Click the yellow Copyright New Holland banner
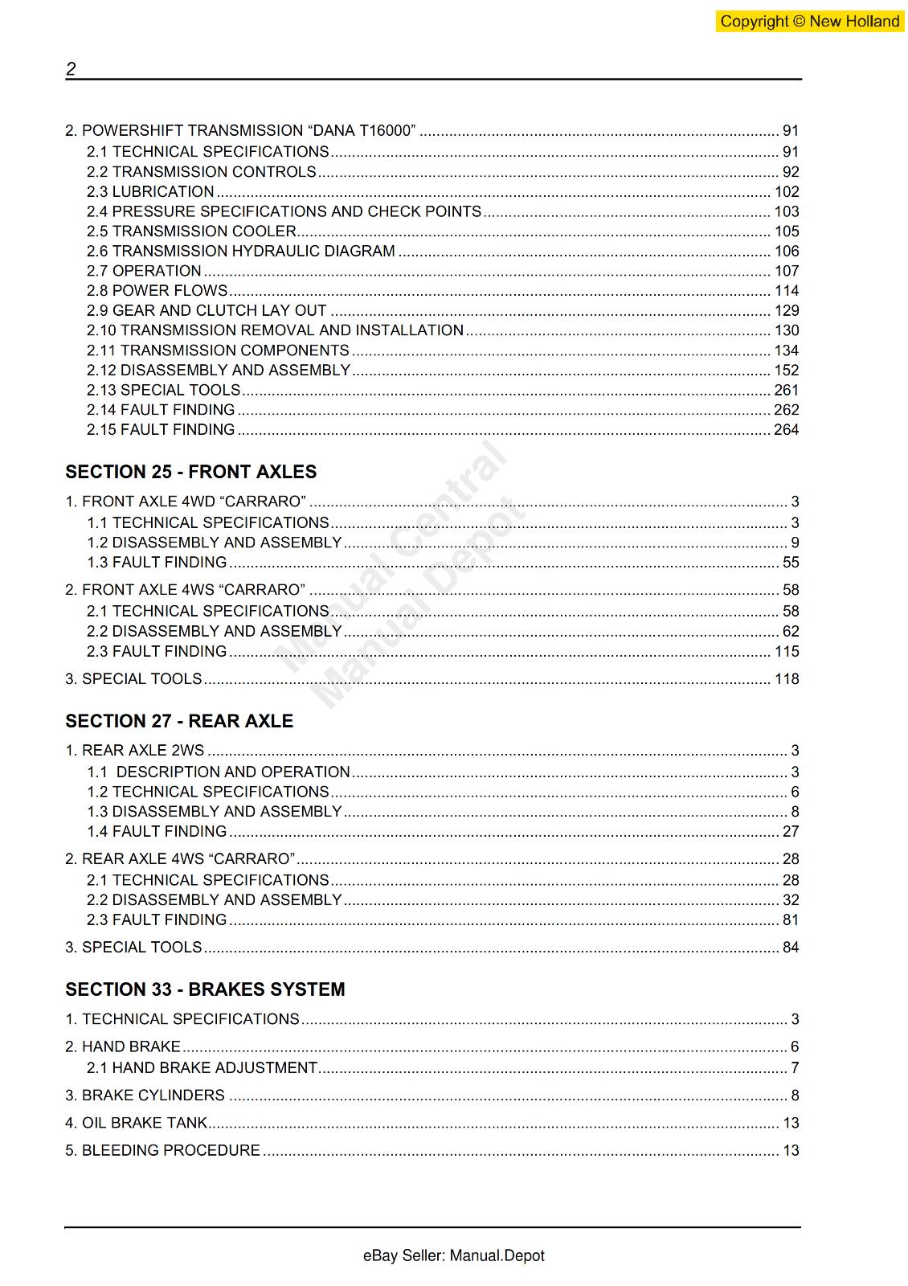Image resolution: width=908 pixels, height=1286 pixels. tap(809, 22)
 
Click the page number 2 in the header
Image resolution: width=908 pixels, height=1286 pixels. tap(71, 69)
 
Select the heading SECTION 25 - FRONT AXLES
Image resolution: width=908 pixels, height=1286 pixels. tap(191, 472)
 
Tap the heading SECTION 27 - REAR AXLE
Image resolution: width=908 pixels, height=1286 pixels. tap(179, 721)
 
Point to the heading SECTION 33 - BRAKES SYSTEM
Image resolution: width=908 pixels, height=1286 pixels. tap(205, 989)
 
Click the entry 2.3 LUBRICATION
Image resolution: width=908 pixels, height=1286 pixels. tap(150, 191)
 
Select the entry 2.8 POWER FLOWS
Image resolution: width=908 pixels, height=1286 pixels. tap(157, 290)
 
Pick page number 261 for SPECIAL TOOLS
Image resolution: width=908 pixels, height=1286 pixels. tap(786, 390)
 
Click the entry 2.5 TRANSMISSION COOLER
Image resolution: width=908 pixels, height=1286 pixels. tap(191, 231)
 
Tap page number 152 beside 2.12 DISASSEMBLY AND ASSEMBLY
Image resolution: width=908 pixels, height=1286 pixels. tap(786, 370)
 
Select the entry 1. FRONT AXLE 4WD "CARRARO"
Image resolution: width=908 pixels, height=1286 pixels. tap(186, 502)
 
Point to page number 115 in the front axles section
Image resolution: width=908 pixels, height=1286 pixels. tap(786, 651)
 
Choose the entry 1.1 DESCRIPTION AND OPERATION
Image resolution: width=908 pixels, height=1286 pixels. tap(219, 772)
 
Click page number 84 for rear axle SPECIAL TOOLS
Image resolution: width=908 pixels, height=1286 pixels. tap(791, 947)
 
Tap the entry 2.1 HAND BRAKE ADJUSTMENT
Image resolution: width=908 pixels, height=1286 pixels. tap(202, 1067)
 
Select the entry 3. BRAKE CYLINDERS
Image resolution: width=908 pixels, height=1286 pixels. tap(145, 1095)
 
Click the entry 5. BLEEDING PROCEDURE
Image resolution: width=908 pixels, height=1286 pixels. tap(163, 1150)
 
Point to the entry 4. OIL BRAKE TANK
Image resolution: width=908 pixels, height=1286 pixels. tap(137, 1123)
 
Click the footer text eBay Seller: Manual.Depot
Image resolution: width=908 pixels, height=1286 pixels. tap(453, 1255)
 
